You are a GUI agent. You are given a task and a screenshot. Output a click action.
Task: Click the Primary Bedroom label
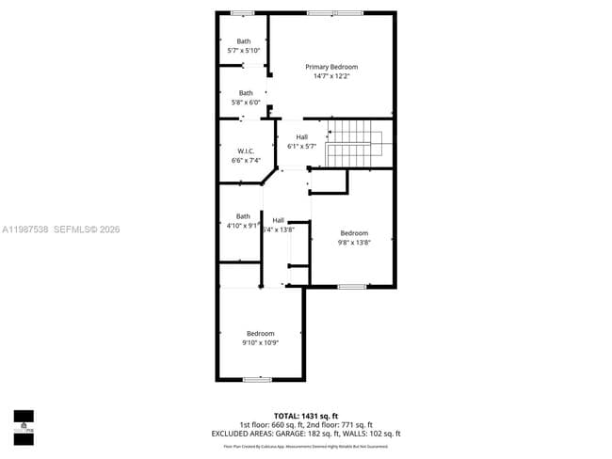[x=331, y=67]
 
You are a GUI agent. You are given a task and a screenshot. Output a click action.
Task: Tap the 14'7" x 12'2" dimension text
[x=331, y=76]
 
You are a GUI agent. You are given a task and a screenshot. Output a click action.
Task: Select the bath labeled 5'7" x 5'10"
[x=244, y=45]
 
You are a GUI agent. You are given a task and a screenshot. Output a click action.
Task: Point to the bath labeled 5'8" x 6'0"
[x=246, y=97]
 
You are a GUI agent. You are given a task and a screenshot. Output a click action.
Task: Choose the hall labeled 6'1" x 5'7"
[x=301, y=142]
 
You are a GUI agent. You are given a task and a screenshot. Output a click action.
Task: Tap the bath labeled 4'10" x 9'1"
[x=243, y=220]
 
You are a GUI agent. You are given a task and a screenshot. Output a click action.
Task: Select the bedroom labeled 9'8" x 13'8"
[x=354, y=237]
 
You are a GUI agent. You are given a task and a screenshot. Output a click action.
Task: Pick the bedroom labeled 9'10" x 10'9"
[x=260, y=338]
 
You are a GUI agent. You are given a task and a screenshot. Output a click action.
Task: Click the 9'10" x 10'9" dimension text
[x=260, y=343]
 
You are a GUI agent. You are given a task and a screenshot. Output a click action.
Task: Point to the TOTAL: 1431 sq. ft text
[x=305, y=415]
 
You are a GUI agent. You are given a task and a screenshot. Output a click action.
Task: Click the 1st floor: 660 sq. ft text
[x=270, y=424]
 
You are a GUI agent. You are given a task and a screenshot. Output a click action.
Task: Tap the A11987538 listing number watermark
[x=24, y=229]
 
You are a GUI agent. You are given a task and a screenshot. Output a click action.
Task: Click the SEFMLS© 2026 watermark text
[x=88, y=229]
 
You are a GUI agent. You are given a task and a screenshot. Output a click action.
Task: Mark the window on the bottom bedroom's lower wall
[x=257, y=379]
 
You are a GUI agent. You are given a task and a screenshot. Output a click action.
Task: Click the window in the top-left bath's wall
[x=243, y=12]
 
